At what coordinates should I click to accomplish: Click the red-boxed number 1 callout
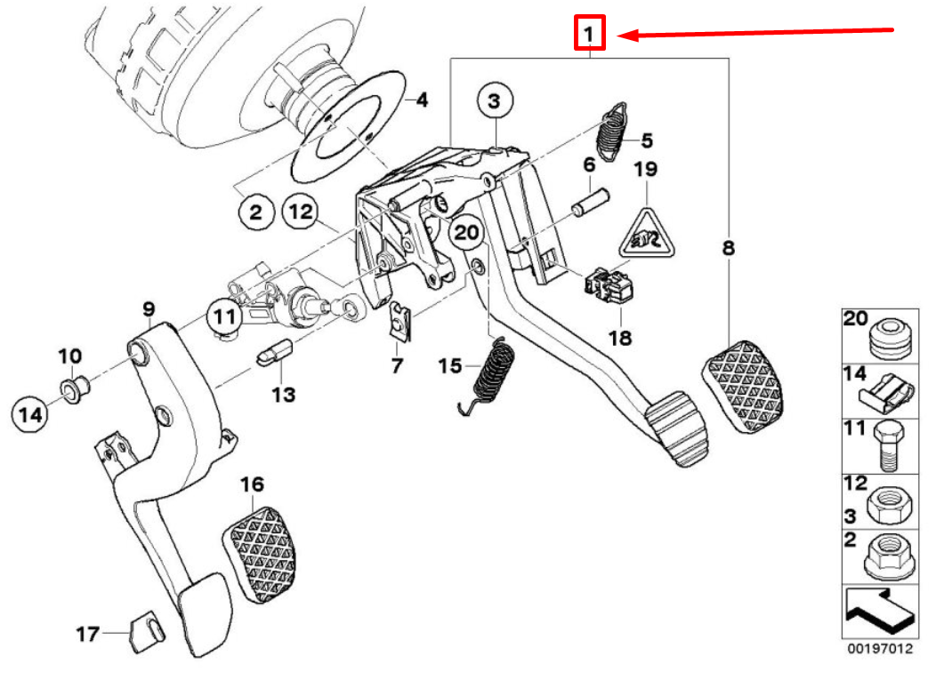pos(589,35)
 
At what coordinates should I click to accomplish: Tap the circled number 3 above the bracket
pos(494,101)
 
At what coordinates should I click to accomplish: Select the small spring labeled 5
pos(609,132)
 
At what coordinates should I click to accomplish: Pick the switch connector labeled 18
pos(609,284)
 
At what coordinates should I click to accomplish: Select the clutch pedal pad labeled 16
pos(260,552)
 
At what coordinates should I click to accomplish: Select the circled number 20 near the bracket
pos(464,233)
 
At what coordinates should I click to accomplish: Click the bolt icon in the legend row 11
pos(887,444)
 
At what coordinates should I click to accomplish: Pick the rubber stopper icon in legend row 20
pos(889,337)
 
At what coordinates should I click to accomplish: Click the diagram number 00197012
pos(879,649)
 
